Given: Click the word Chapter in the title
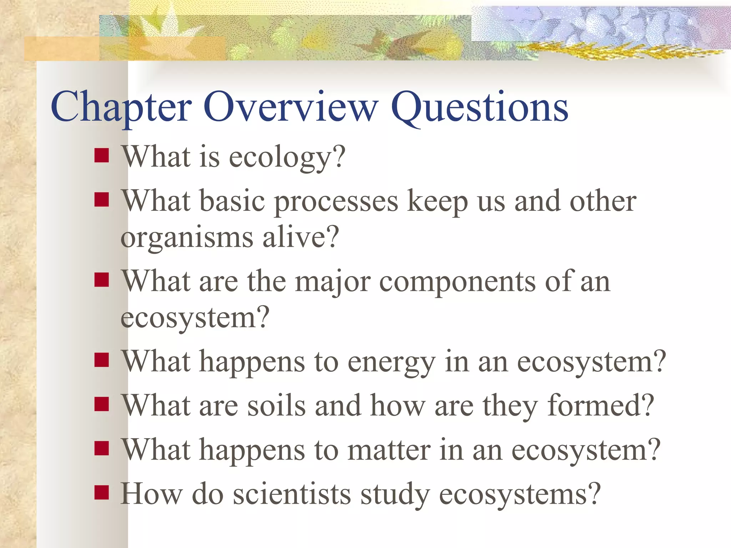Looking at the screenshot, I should pyautogui.click(x=121, y=107).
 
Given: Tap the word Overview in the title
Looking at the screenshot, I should pyautogui.click(x=291, y=107).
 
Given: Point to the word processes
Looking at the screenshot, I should pyautogui.click(x=336, y=202).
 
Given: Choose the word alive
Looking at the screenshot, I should pyautogui.click(x=300, y=237).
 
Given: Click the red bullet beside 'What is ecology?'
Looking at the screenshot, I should pyautogui.click(x=102, y=156).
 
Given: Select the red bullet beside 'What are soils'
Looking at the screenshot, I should pyautogui.click(x=102, y=404).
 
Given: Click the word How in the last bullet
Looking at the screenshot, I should pyautogui.click(x=151, y=494).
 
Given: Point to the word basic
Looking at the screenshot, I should pyautogui.click(x=232, y=201).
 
